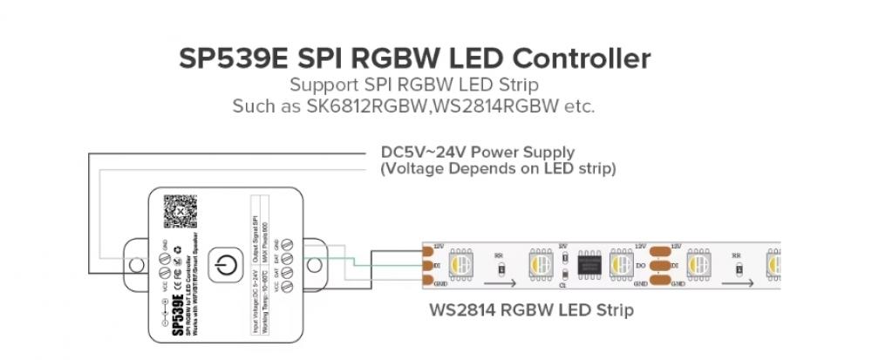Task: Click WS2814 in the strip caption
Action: [x=461, y=309]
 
